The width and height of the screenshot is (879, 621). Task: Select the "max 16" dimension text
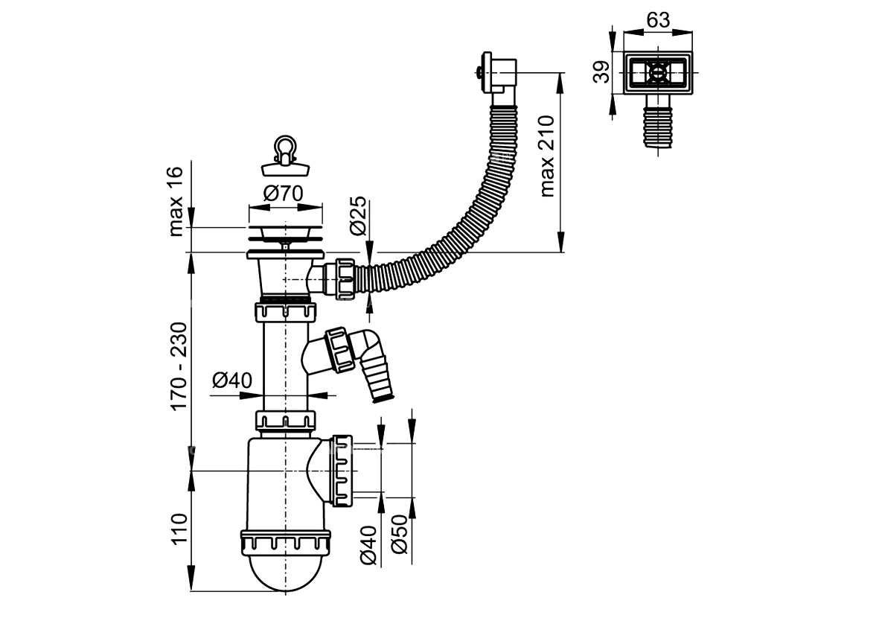click(176, 201)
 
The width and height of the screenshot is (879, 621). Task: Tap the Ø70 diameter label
click(284, 194)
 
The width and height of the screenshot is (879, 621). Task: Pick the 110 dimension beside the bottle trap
click(179, 529)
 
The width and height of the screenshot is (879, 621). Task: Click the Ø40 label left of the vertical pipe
click(233, 381)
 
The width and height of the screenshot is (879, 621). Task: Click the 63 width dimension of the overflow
click(658, 20)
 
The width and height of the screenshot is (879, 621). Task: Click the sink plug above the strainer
click(285, 153)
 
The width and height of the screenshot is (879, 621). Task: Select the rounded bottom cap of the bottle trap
click(285, 573)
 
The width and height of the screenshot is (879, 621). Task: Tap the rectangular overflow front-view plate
click(657, 73)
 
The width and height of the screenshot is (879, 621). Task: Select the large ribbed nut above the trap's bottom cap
click(285, 542)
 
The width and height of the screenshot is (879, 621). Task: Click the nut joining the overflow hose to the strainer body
click(345, 278)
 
